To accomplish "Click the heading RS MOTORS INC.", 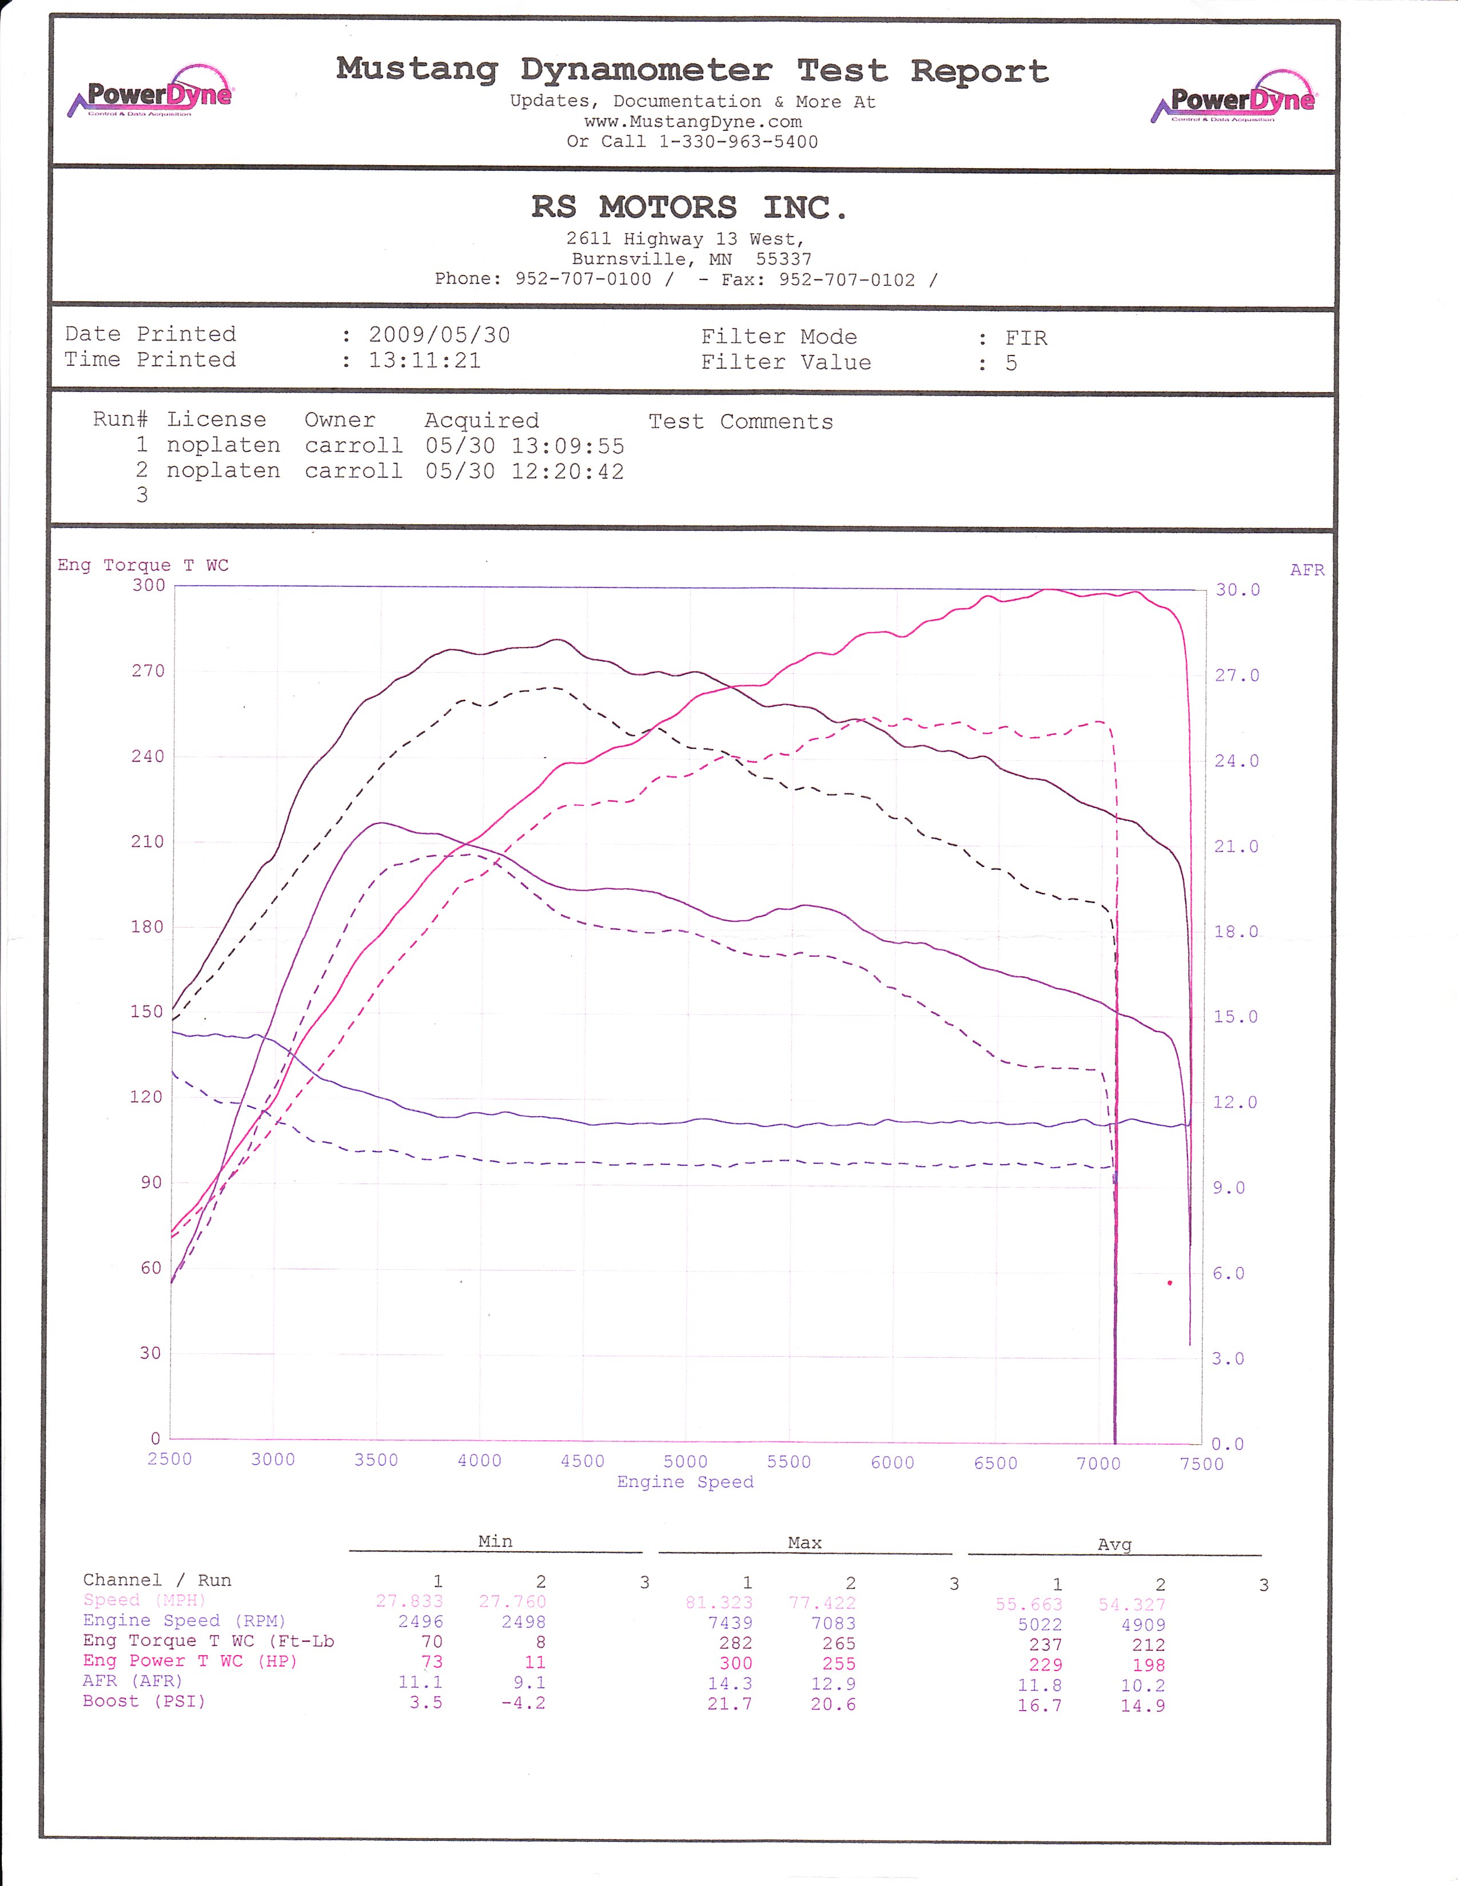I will click(690, 207).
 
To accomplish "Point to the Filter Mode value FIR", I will click(1026, 338).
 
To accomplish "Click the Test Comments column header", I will click(741, 421).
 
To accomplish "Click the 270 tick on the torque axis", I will click(148, 671).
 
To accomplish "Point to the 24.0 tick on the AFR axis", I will click(1237, 761).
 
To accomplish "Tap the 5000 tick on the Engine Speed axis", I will click(686, 1462).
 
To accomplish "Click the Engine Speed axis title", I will click(685, 1483).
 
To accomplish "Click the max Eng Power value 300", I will click(736, 1663).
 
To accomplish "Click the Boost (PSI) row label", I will click(144, 1701).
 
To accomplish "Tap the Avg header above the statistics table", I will click(1114, 1545).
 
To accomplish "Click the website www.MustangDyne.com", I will click(693, 122).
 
